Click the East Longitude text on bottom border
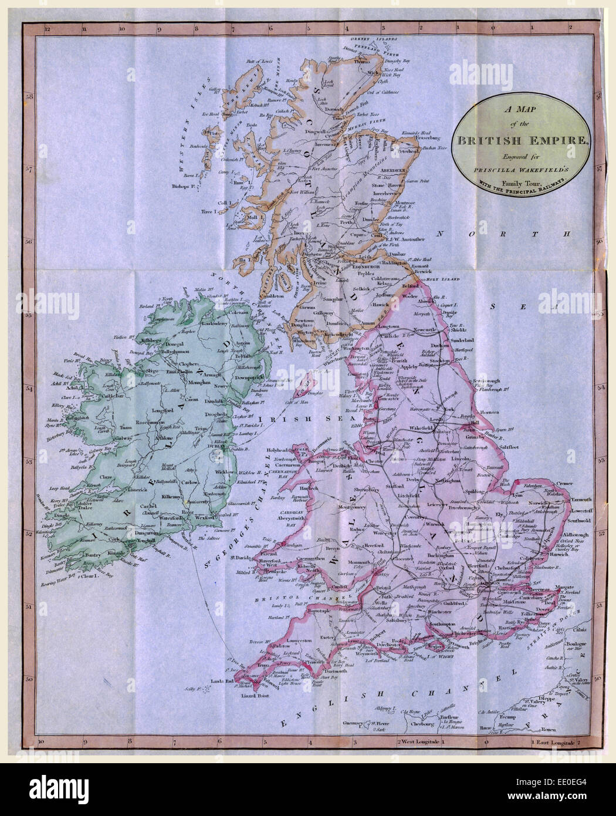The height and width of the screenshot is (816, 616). click(x=555, y=743)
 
